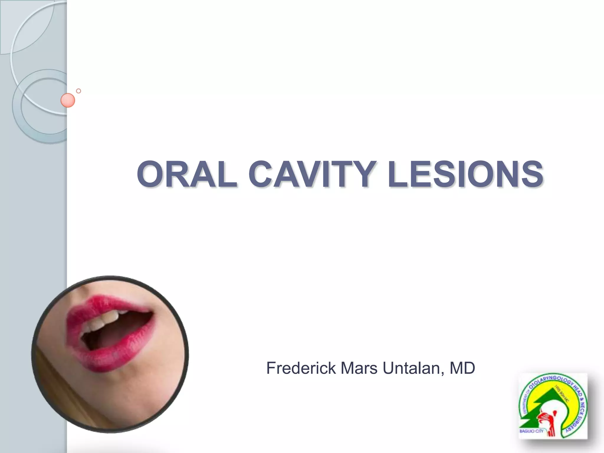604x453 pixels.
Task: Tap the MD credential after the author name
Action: click(x=462, y=368)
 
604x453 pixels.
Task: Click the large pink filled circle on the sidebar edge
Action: click(x=68, y=100)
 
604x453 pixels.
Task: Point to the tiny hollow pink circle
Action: click(x=78, y=91)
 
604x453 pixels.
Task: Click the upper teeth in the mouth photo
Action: click(x=103, y=320)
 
